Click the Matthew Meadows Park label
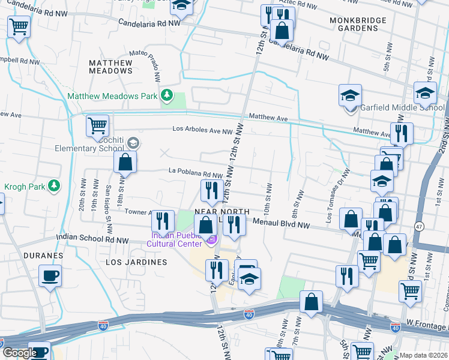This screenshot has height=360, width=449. point(112,96)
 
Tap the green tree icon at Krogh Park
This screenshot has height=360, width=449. point(54,185)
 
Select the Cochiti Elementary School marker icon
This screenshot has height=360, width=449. point(133,143)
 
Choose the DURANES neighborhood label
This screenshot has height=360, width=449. point(43,256)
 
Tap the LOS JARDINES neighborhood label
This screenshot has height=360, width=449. point(136,262)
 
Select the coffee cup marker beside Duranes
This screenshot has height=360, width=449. point(49,276)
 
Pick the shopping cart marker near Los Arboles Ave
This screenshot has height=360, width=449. point(97,125)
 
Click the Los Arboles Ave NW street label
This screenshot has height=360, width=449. point(202,130)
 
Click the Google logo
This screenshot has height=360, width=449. point(20,353)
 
